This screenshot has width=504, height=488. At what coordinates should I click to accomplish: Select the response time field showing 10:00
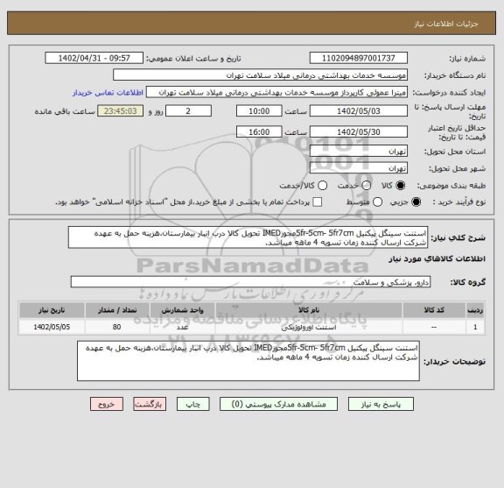[x=259, y=112]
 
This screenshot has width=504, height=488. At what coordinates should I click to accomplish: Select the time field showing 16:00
[x=259, y=131]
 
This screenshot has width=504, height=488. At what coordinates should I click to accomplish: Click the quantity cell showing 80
[x=116, y=327]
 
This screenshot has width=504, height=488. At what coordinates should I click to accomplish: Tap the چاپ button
[x=197, y=405]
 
